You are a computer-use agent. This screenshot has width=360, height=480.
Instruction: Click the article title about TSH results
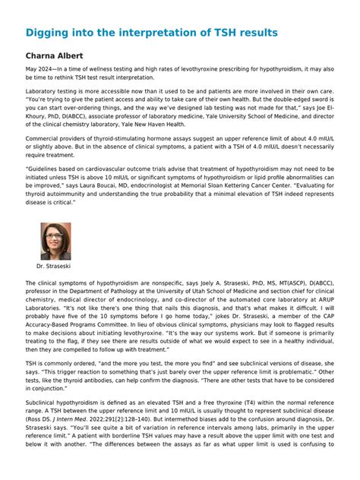pyautogui.click(x=151, y=33)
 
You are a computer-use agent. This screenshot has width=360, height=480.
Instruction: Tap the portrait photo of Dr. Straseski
pyautogui.click(x=55, y=241)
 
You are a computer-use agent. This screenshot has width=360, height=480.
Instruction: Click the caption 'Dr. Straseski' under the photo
pyautogui.click(x=55, y=267)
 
